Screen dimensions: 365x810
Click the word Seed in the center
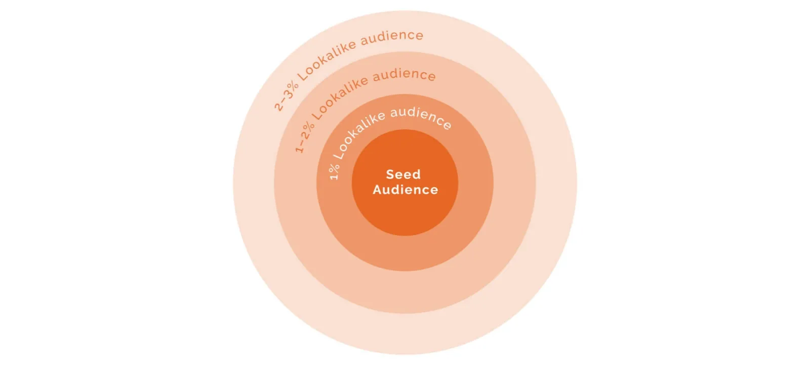[x=403, y=174]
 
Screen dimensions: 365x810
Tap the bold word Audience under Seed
[x=405, y=190]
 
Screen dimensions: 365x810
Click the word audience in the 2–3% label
[x=392, y=37]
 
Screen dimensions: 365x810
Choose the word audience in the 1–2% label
[x=404, y=75]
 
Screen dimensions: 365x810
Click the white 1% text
[x=334, y=171]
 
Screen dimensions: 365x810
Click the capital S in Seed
[x=390, y=174]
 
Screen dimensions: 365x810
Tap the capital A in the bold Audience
[x=377, y=190]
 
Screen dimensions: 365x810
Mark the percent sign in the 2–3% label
[x=292, y=85]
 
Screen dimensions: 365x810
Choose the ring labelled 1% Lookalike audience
[x=405, y=253]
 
